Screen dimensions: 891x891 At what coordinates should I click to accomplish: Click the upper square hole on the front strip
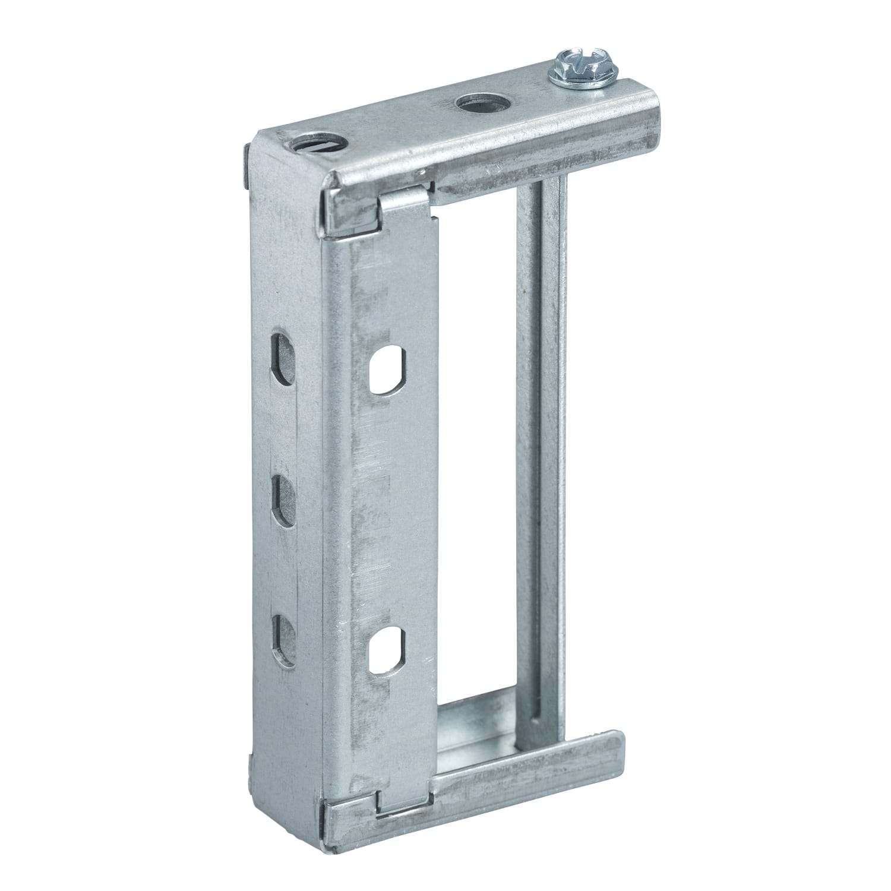(387, 371)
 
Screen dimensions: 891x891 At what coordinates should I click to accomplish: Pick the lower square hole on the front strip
(387, 651)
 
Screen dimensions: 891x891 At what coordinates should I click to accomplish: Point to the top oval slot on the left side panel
(283, 359)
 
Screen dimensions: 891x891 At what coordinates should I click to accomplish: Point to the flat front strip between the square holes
(389, 511)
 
